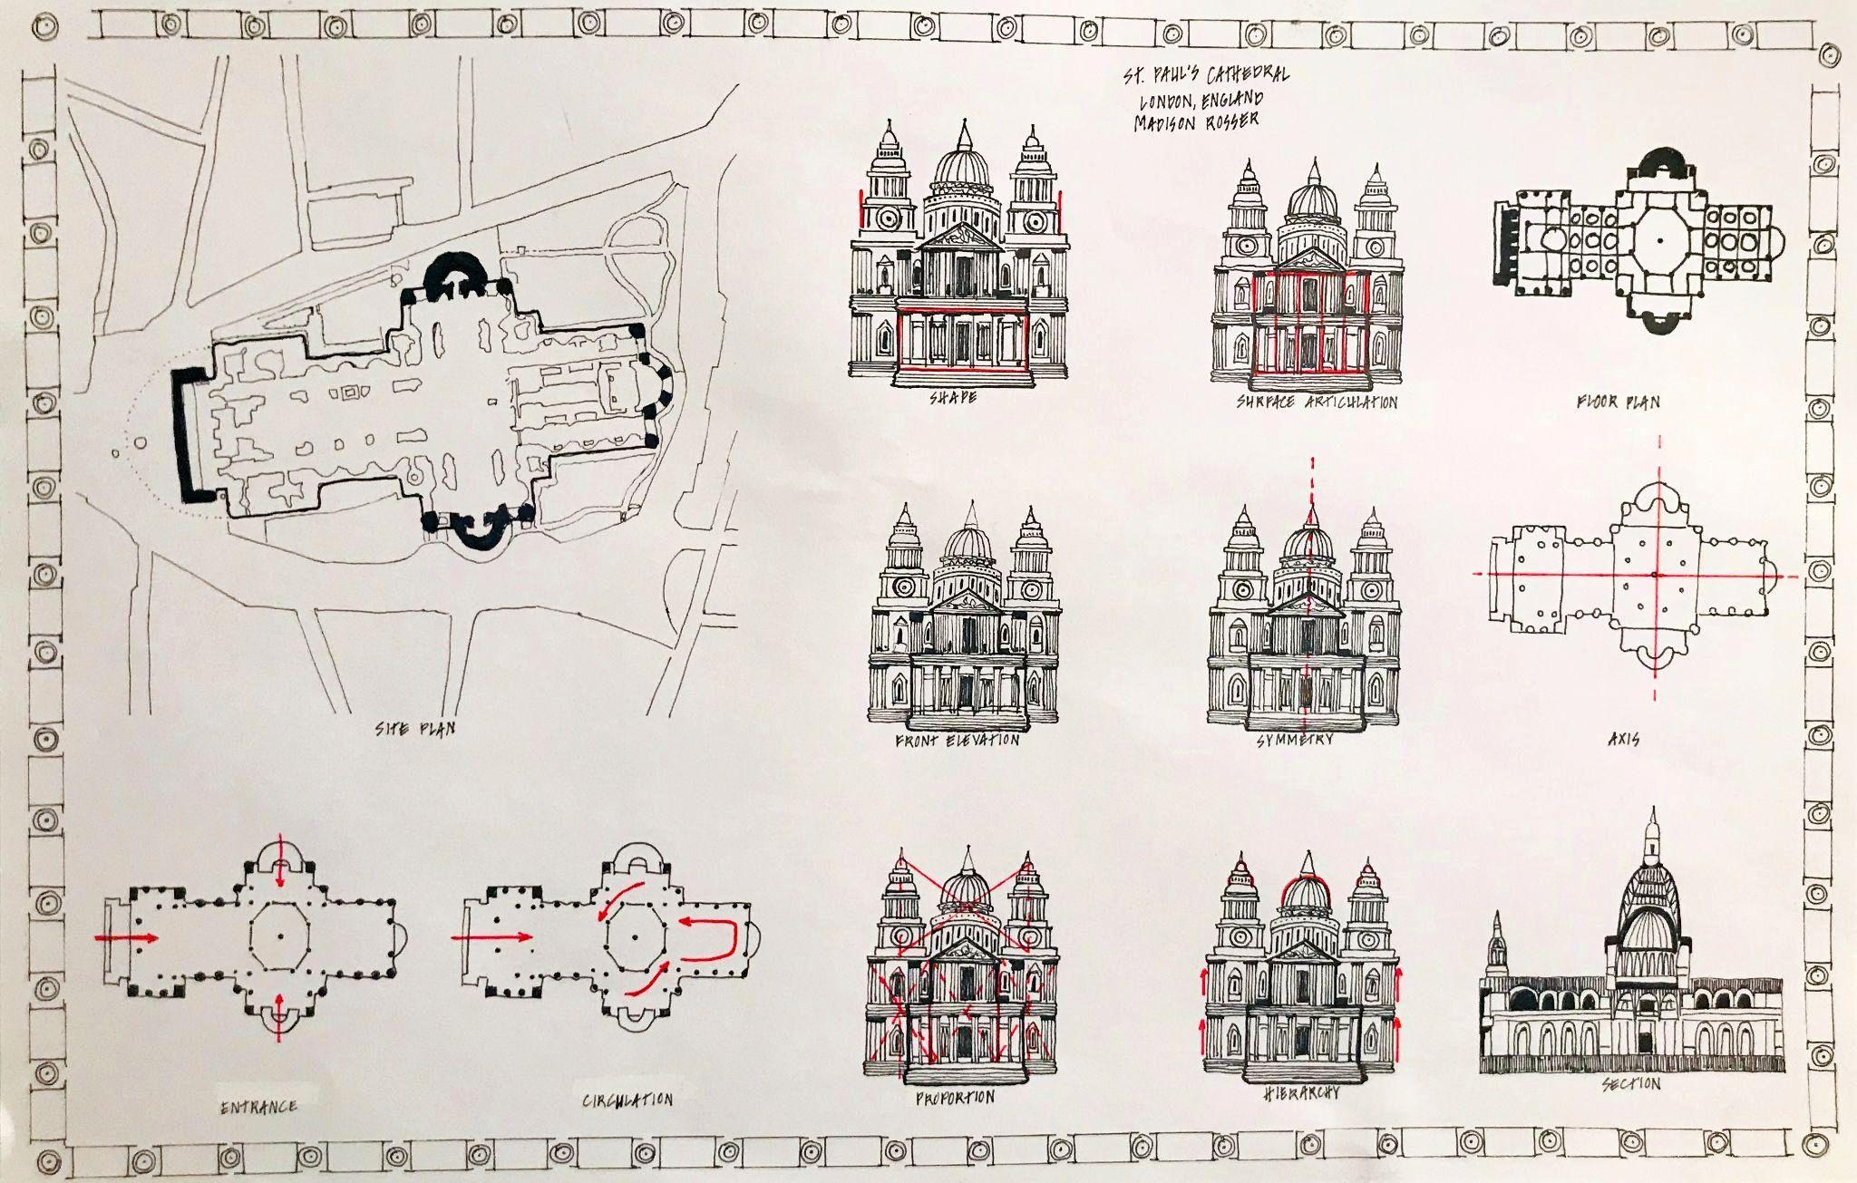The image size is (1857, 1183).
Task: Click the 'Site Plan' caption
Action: click(x=414, y=728)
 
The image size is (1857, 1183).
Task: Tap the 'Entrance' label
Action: click(x=259, y=1106)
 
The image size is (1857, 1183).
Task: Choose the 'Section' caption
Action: click(x=1630, y=1083)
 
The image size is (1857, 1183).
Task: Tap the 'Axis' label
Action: click(x=1623, y=740)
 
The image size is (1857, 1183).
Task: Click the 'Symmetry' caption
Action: click(x=1295, y=740)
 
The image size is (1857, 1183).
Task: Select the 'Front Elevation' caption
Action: click(x=957, y=740)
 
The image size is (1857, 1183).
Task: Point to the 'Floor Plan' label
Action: click(x=1618, y=401)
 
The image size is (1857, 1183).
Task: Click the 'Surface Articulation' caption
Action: click(x=1317, y=402)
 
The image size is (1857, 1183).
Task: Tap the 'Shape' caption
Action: click(x=952, y=397)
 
